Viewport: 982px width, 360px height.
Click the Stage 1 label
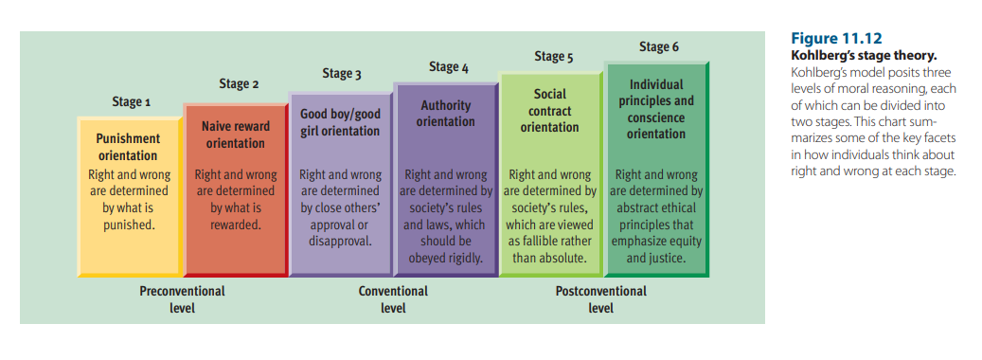[x=131, y=101]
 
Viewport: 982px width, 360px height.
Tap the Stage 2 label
[x=239, y=84]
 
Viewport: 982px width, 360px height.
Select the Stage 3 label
[x=341, y=74]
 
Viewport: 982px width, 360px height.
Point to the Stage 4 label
[x=448, y=67]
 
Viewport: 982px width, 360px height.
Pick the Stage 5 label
[x=553, y=57]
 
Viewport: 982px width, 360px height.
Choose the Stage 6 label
[x=658, y=46]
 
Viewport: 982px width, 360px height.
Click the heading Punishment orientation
[x=128, y=147]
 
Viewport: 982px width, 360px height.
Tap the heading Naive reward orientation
[x=236, y=135]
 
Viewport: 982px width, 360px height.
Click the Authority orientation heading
[x=446, y=114]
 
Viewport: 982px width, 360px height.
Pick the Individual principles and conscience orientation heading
[x=656, y=109]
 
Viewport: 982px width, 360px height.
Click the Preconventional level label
[x=182, y=299]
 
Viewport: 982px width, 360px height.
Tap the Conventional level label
[x=393, y=299]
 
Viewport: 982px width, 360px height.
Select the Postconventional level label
[x=600, y=299]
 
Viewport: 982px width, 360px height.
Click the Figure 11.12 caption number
[x=836, y=39]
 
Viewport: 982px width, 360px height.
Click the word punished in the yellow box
[x=129, y=225]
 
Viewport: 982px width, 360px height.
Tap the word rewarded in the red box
[x=236, y=225]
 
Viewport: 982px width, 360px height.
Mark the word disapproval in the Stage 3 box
[x=341, y=242]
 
